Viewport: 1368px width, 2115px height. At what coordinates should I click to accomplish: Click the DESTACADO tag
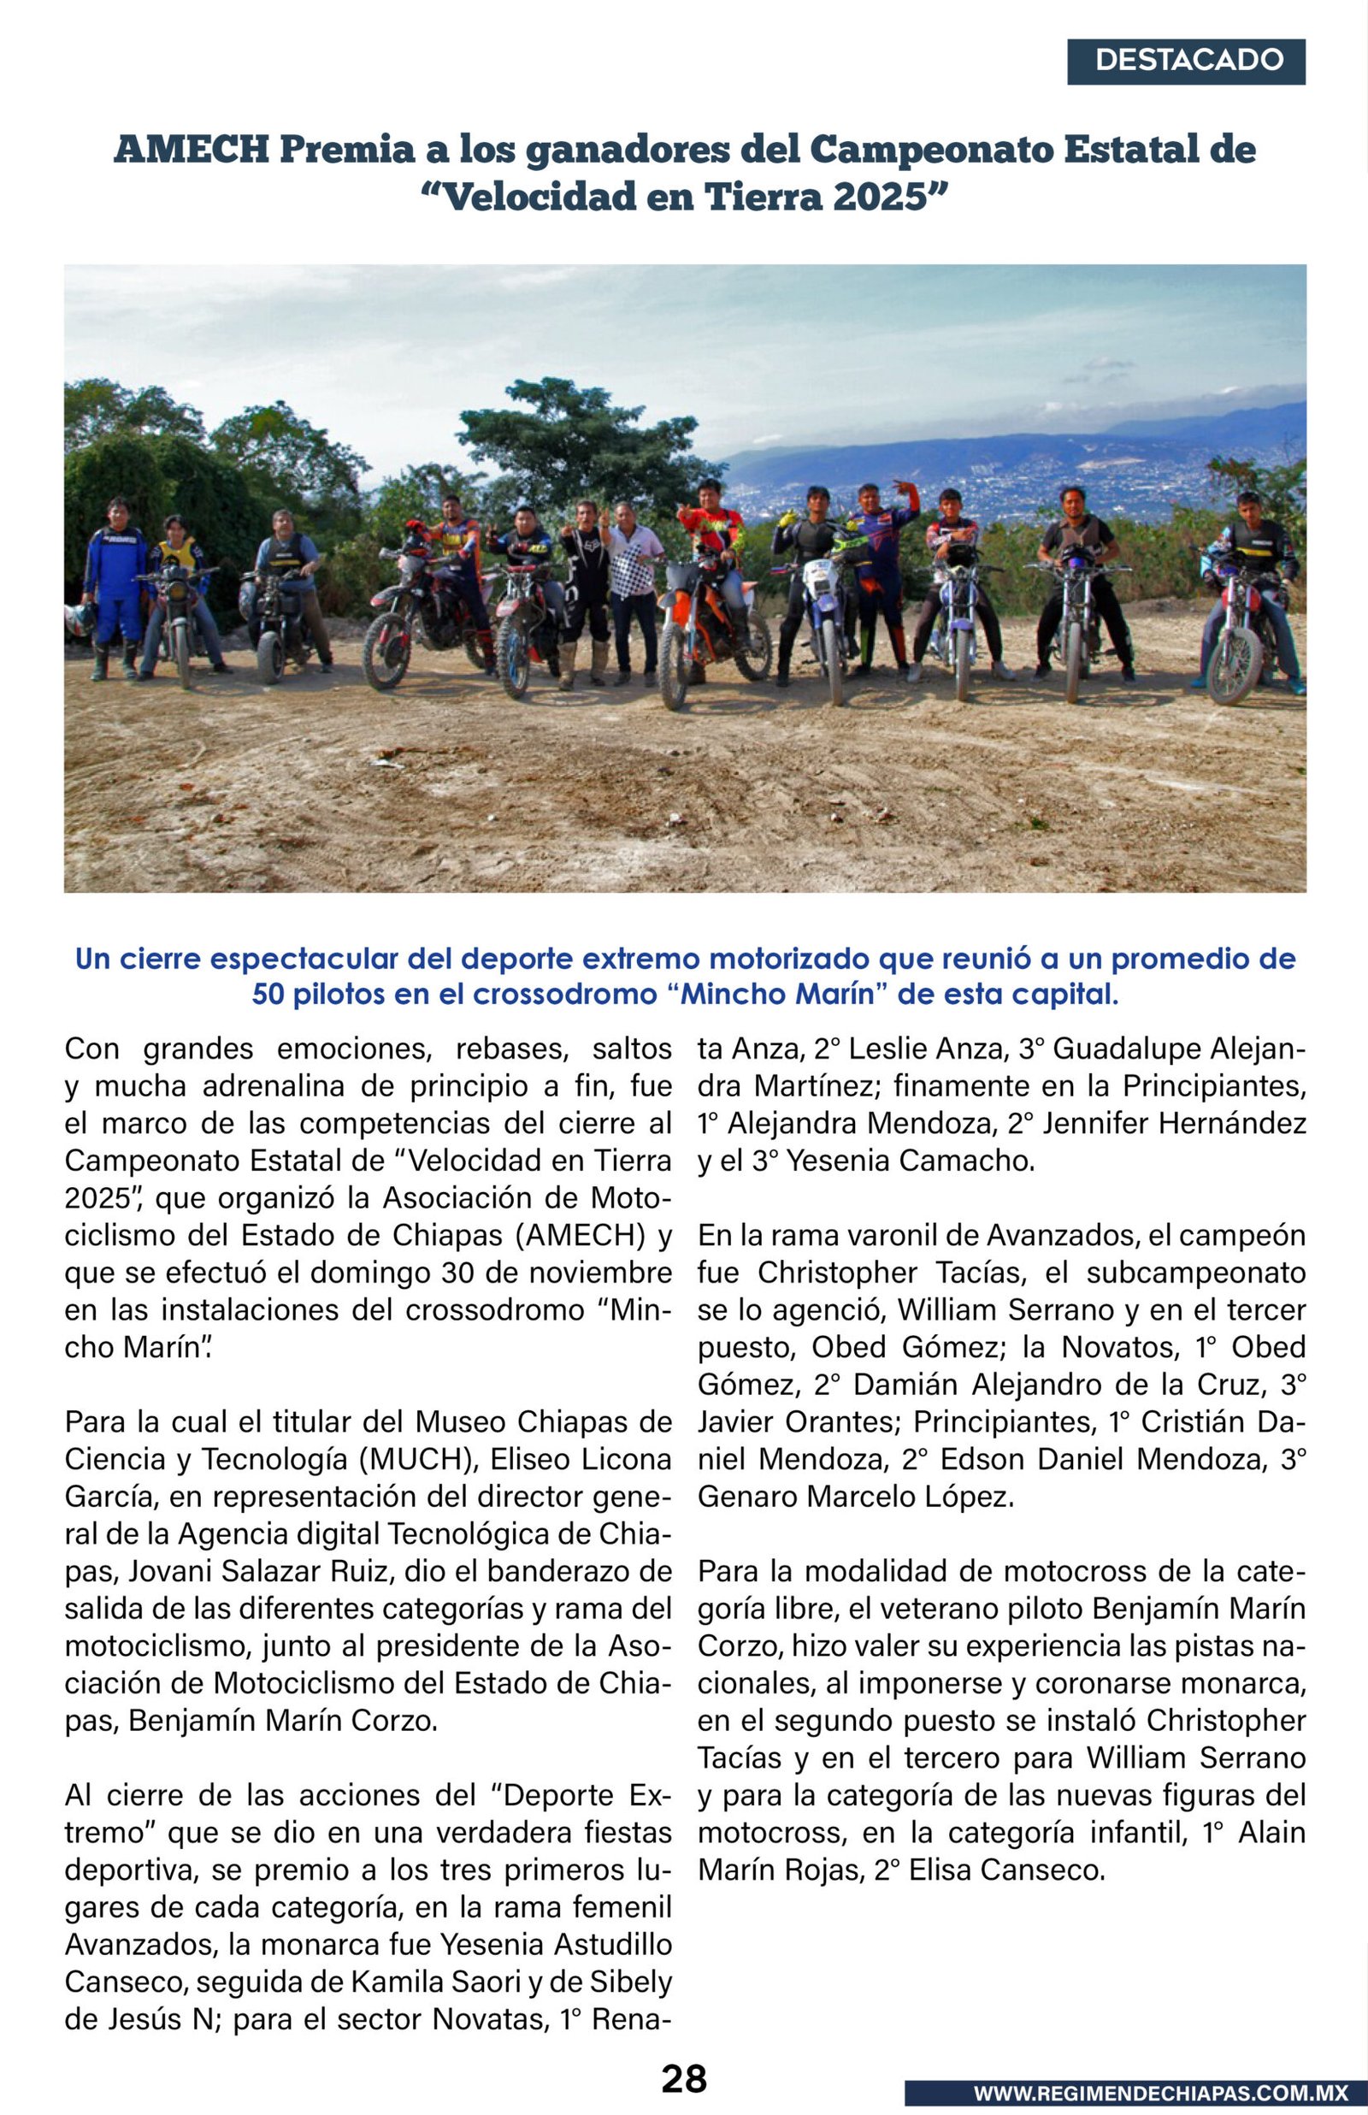pyautogui.click(x=1188, y=61)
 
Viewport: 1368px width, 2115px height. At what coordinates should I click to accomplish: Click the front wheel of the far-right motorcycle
pyautogui.click(x=1234, y=666)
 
